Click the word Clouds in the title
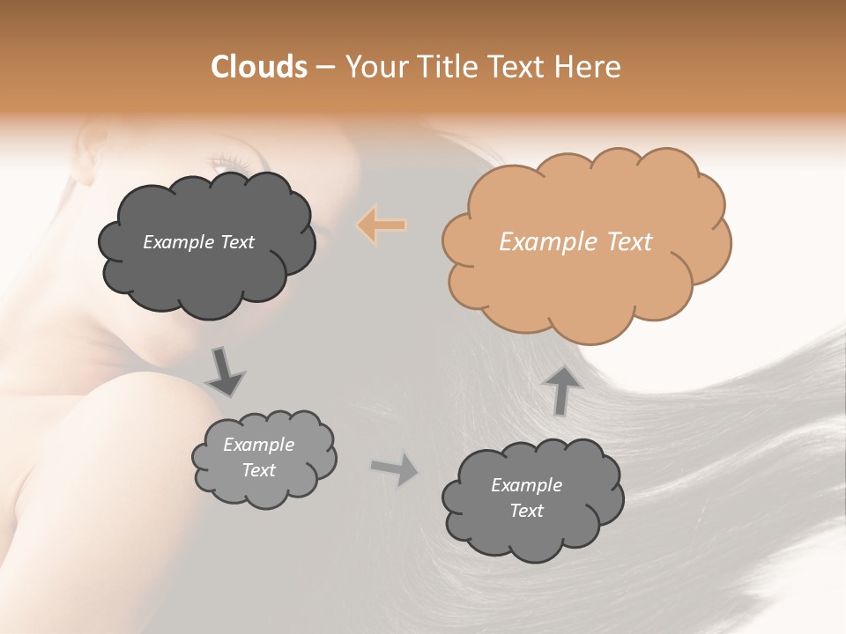tap(258, 67)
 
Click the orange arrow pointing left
tap(382, 225)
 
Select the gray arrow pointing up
tap(562, 389)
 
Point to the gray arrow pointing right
tap(395, 469)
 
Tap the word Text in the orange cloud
tap(628, 242)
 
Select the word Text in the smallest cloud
tap(259, 470)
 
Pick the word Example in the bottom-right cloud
tap(526, 485)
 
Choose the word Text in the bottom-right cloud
tap(527, 511)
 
